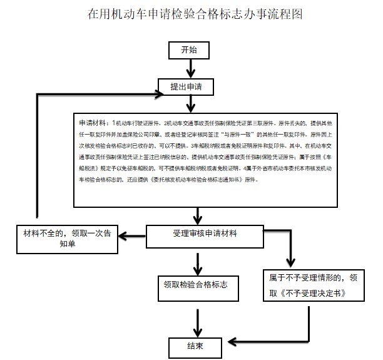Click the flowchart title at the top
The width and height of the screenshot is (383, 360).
[x=191, y=14]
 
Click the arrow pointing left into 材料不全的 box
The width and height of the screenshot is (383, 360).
[x=131, y=236]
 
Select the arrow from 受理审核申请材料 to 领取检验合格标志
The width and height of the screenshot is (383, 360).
[x=198, y=259]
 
